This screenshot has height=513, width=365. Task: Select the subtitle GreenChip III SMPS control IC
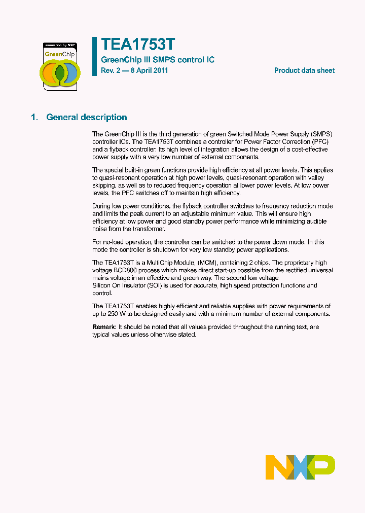(x=158, y=60)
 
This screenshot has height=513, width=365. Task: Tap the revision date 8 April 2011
(x=148, y=70)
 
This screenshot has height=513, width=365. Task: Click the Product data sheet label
(x=304, y=70)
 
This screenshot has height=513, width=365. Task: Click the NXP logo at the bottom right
(x=300, y=467)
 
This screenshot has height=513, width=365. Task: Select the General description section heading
(x=87, y=117)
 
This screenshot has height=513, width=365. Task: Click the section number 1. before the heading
(x=34, y=117)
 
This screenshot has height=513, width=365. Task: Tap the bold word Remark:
(x=104, y=327)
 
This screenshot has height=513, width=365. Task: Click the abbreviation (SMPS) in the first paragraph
(x=321, y=134)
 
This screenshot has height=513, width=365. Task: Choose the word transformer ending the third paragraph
(x=149, y=229)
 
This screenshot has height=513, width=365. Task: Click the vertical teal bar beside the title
(x=94, y=56)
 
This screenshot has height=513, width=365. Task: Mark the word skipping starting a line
(x=104, y=186)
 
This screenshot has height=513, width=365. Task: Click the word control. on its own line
(x=102, y=294)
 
